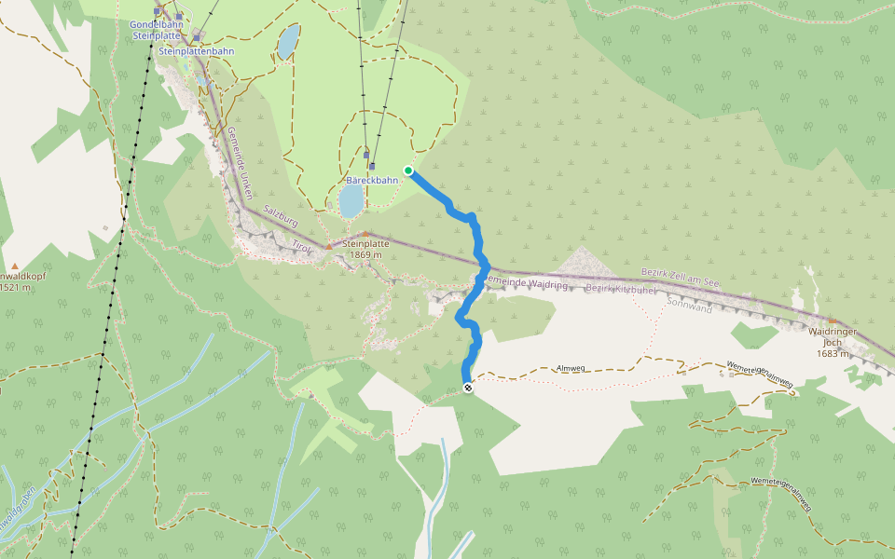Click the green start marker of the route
coord(408,170)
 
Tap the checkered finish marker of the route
coord(467,389)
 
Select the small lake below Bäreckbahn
coord(351,199)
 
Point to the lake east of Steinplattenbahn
coord(288,42)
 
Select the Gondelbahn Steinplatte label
coord(157,30)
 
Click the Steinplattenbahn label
coord(197,51)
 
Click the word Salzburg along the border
coord(279,217)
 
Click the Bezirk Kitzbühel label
coord(622,290)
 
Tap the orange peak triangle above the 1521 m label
coord(15,266)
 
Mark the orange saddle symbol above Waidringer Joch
coord(833,321)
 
